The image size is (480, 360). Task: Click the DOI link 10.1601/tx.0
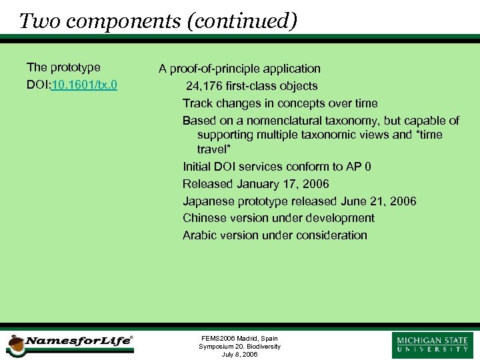(84, 85)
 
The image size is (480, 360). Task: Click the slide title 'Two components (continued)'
(158, 21)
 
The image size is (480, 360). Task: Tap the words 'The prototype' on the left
(63, 67)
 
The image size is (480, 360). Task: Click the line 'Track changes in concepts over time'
(280, 103)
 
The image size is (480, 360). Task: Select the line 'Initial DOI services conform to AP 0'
(277, 167)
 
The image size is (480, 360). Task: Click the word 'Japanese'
(207, 201)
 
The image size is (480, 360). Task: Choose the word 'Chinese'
(204, 218)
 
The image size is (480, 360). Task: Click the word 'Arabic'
(199, 235)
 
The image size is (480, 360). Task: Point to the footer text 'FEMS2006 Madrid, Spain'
(239, 339)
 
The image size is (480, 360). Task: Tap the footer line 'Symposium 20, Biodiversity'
(239, 347)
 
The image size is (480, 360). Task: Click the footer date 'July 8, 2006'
(239, 355)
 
